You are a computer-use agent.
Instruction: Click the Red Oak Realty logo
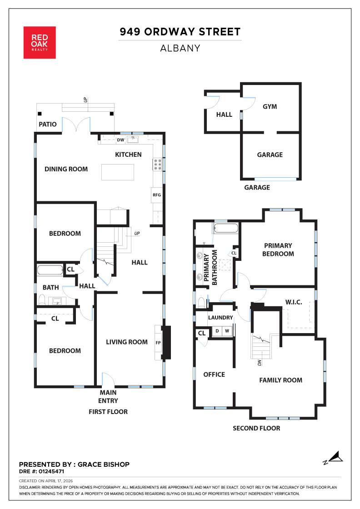pyautogui.click(x=40, y=42)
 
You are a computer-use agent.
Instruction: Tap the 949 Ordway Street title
pyautogui.click(x=180, y=32)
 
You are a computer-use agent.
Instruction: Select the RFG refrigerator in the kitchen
pyautogui.click(x=156, y=195)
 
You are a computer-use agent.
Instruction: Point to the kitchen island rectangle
pyautogui.click(x=118, y=172)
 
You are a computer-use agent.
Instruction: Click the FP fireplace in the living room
pyautogui.click(x=158, y=342)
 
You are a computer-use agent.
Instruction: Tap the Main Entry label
pyautogui.click(x=108, y=396)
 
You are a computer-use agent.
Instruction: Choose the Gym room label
pyautogui.click(x=270, y=106)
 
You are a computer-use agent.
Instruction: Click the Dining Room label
pyautogui.click(x=66, y=169)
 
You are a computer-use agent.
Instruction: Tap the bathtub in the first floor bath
pyautogui.click(x=50, y=270)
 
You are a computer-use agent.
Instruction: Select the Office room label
pyautogui.click(x=214, y=374)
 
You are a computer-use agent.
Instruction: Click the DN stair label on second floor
pyautogui.click(x=260, y=363)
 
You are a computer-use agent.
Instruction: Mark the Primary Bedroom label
pyautogui.click(x=278, y=250)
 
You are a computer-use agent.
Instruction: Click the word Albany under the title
pyautogui.click(x=180, y=48)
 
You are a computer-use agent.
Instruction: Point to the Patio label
pyautogui.click(x=48, y=124)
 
